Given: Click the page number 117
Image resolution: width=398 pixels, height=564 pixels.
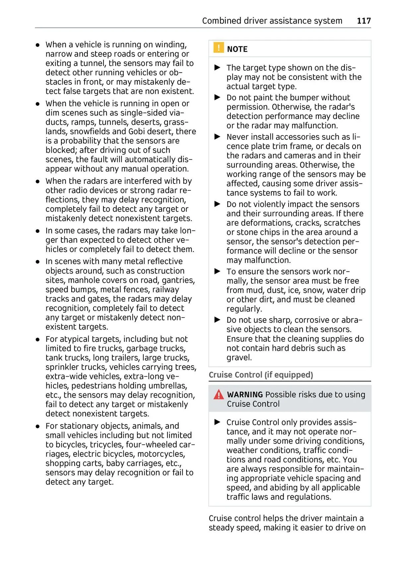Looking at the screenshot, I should pos(364,21).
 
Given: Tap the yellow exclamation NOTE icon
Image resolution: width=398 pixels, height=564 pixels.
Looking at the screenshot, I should pos(218,48).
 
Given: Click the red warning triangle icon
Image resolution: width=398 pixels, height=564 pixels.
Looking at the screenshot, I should pos(219,394).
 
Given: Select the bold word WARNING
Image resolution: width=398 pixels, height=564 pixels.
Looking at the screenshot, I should pos(245,394).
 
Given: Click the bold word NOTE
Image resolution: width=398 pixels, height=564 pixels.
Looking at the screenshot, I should pos(237,49).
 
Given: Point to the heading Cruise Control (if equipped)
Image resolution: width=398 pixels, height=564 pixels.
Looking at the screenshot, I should pos(261,375).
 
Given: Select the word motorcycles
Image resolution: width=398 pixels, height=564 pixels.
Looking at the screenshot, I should pos(161,454).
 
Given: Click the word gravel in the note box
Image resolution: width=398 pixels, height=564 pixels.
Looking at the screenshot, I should pos(239,358).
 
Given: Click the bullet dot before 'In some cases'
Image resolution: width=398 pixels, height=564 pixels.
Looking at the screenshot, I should pos(38,231).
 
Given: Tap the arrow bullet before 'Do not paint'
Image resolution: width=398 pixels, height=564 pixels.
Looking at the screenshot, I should pos(218,97).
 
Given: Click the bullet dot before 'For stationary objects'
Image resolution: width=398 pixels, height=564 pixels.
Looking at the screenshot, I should pos(38,426).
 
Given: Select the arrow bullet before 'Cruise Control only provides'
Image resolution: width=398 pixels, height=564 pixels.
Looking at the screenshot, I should pos(218,422).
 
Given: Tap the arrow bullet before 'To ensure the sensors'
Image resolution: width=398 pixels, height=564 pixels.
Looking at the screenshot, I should pos(218,272).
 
